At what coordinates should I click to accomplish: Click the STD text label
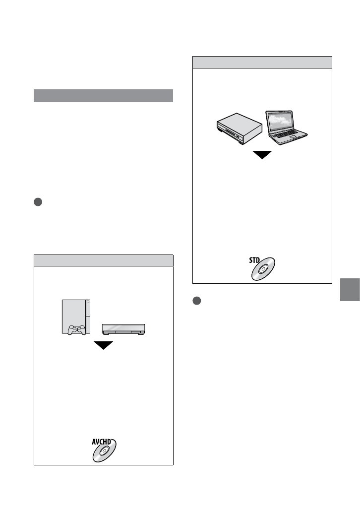[x=255, y=259]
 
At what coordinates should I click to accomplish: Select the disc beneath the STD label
[x=263, y=269]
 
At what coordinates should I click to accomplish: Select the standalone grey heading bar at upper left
[x=103, y=96]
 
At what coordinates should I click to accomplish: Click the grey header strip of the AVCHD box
[x=103, y=260]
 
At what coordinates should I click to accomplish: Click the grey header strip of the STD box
[x=262, y=62]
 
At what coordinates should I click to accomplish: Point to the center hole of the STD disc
[x=263, y=270]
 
